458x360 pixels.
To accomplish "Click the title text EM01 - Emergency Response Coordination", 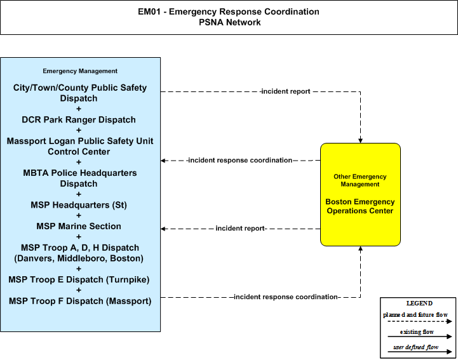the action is (229, 11).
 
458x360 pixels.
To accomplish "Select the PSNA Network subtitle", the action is (229, 22).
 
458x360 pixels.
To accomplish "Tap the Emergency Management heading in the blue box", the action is (80, 71).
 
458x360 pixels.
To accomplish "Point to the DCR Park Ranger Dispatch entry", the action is (79, 120).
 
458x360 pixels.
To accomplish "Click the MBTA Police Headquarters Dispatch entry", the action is (80, 178).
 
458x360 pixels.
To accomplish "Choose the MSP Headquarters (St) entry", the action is (79, 205).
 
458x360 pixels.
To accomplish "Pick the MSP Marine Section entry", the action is (79, 226).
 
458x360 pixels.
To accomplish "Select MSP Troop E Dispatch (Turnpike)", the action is (79, 280).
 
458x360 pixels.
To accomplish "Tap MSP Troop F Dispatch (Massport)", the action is (80, 301).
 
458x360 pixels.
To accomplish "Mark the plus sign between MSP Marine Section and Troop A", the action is (79, 237).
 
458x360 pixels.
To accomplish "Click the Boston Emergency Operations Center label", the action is (360, 206).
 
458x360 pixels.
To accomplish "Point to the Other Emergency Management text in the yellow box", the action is (360, 180).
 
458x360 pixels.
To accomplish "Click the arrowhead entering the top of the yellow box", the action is (360, 141).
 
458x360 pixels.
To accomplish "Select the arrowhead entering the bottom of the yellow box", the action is (360, 248).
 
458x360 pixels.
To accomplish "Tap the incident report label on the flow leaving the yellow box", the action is (240, 229).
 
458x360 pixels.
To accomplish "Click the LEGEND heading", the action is (419, 303).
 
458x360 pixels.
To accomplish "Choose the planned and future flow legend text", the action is (415, 315).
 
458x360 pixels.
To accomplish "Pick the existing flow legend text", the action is (417, 332).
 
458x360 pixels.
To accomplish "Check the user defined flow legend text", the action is (415, 347).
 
